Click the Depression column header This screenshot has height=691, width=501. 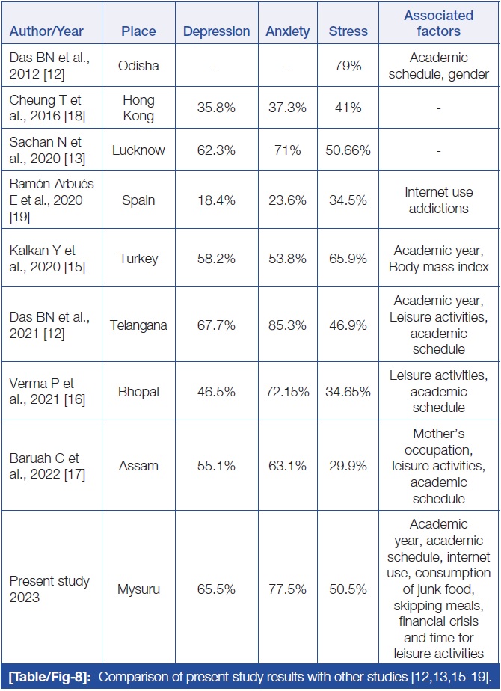(x=217, y=31)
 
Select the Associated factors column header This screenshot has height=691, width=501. (x=438, y=23)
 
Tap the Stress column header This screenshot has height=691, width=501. (x=348, y=31)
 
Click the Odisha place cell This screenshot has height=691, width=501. (x=138, y=66)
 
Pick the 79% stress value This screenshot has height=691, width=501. (x=348, y=66)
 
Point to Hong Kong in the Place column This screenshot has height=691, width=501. (x=138, y=108)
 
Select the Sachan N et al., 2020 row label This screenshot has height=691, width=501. (x=47, y=150)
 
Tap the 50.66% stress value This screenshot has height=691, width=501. (x=348, y=150)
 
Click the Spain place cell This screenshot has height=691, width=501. (x=138, y=201)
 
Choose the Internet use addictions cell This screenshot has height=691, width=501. (x=438, y=201)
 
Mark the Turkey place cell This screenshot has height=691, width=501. (x=138, y=259)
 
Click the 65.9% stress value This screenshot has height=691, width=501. (x=348, y=259)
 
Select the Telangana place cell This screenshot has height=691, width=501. (x=138, y=325)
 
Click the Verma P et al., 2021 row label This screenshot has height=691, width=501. (x=47, y=391)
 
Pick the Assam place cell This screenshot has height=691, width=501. (x=138, y=466)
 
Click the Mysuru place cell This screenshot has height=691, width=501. (x=138, y=589)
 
